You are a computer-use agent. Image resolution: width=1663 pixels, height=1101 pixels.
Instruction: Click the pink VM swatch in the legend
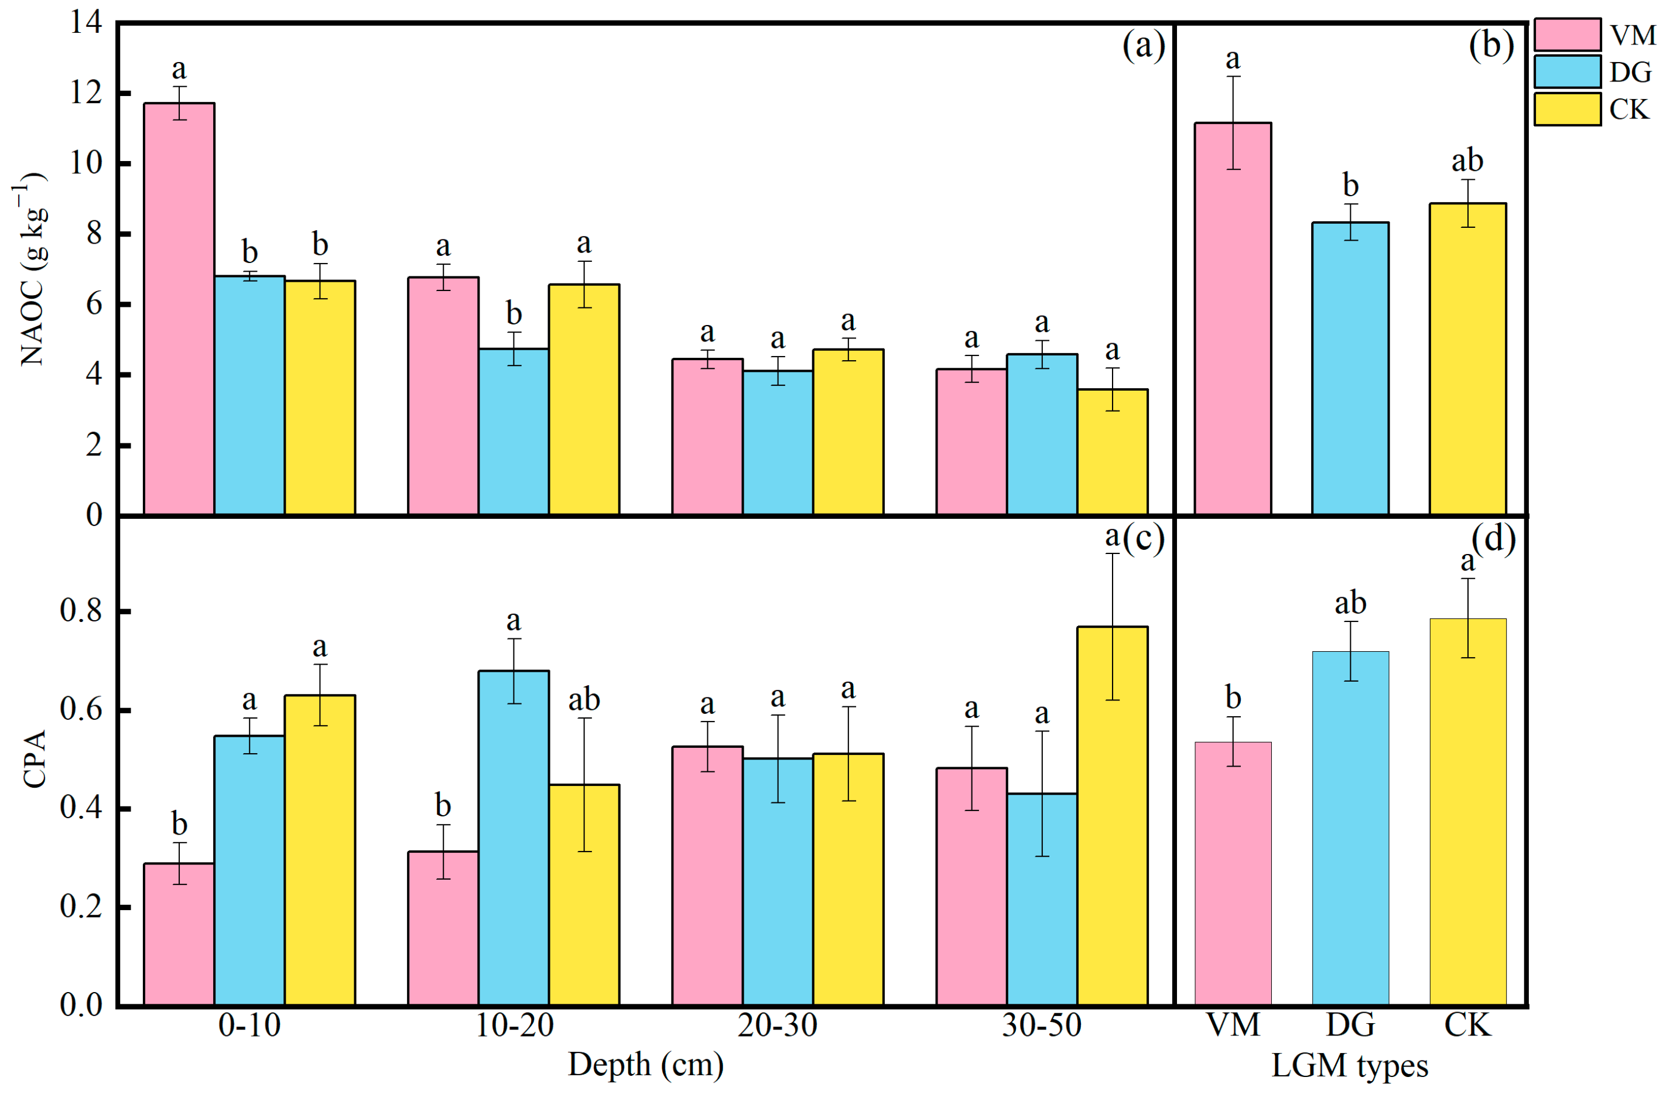pyautogui.click(x=1566, y=35)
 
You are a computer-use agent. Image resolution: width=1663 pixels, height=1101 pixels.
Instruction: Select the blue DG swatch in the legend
pyautogui.click(x=1566, y=71)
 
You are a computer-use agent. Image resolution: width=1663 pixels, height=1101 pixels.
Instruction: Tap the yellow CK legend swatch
pyautogui.click(x=1566, y=109)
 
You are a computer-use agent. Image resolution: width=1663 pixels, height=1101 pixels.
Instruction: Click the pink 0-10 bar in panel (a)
pyautogui.click(x=179, y=309)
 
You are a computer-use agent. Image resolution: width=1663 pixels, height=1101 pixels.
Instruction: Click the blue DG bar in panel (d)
pyautogui.click(x=1350, y=829)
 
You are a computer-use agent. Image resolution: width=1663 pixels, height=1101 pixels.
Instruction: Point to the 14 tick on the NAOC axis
pyautogui.click(x=85, y=22)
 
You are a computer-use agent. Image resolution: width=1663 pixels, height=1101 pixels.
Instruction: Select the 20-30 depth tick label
pyautogui.click(x=777, y=1026)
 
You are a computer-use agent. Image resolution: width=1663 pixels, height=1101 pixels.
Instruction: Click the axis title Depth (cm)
pyautogui.click(x=645, y=1065)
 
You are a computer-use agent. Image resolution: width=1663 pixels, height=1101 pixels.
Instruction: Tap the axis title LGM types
pyautogui.click(x=1349, y=1066)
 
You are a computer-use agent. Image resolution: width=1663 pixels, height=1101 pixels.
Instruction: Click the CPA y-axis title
pyautogui.click(x=34, y=758)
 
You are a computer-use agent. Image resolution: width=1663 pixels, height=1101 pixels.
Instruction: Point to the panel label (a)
pyautogui.click(x=1144, y=46)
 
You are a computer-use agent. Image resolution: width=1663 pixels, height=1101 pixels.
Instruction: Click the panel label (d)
pyautogui.click(x=1493, y=539)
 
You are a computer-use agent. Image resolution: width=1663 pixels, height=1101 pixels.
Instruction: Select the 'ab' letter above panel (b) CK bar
pyautogui.click(x=1467, y=161)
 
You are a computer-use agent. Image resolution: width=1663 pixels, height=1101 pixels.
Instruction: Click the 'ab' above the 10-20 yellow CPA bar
pyautogui.click(x=583, y=700)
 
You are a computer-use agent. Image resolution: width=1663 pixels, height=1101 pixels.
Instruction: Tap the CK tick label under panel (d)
pyautogui.click(x=1467, y=1026)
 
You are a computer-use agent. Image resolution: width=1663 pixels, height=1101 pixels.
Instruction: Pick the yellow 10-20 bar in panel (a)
pyautogui.click(x=583, y=400)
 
